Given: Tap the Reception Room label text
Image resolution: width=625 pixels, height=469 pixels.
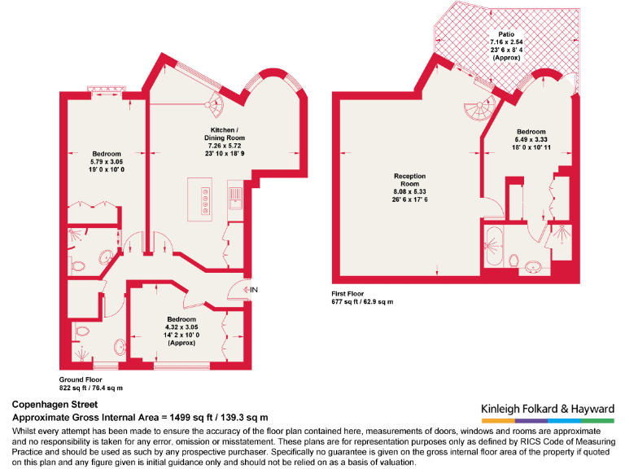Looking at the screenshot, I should (409, 180).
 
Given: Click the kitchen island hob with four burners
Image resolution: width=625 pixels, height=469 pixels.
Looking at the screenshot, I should (203, 197).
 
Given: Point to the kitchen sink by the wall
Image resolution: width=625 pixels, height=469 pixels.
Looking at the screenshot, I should (235, 196).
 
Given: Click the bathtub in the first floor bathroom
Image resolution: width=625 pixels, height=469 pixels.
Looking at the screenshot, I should (494, 248).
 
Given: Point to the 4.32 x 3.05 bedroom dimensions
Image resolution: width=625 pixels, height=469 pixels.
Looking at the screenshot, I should (181, 327).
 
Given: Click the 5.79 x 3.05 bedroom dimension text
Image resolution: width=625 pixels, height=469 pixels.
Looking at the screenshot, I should (106, 163).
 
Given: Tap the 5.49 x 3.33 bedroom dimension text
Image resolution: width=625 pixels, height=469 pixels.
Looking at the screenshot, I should (531, 139).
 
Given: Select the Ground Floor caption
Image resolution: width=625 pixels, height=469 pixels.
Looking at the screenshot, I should (81, 379).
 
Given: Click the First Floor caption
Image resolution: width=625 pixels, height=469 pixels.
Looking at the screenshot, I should (347, 293).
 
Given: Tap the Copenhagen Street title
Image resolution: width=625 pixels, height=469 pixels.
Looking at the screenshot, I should (55, 404).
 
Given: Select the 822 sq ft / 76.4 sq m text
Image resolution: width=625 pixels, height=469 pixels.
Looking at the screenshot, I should (91, 388).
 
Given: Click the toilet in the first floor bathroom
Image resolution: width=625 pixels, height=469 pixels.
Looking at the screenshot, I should (514, 260).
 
